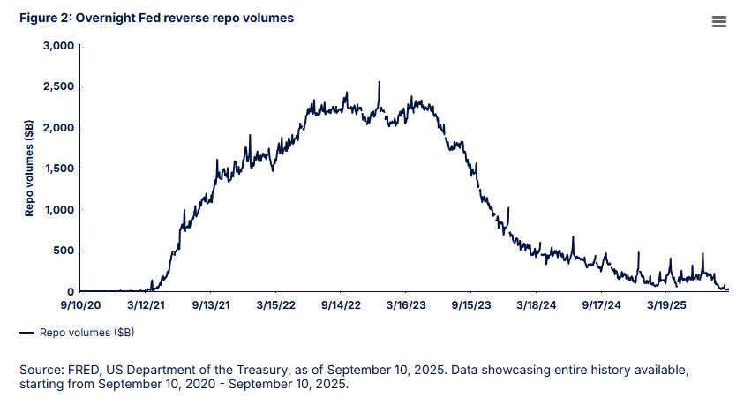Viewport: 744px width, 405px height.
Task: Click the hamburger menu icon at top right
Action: point(718,22)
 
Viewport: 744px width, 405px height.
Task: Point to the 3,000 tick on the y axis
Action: point(58,45)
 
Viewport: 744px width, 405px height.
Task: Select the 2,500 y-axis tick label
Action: point(58,86)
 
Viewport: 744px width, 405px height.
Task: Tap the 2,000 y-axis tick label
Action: point(58,127)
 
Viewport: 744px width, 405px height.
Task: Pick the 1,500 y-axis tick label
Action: point(58,169)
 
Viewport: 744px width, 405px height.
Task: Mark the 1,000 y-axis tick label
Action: point(58,209)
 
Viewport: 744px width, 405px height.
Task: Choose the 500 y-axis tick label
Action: point(64,251)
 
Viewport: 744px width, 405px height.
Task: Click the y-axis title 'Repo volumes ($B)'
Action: point(29,169)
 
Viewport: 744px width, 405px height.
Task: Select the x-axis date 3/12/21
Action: point(145,305)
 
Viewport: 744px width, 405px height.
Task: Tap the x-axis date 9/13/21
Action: point(210,305)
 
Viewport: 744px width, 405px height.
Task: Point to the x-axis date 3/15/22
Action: point(275,305)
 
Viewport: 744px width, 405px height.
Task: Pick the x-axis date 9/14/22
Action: point(341,305)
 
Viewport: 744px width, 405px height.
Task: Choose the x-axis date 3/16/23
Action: point(406,305)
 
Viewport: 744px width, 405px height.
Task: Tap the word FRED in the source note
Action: point(78,368)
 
